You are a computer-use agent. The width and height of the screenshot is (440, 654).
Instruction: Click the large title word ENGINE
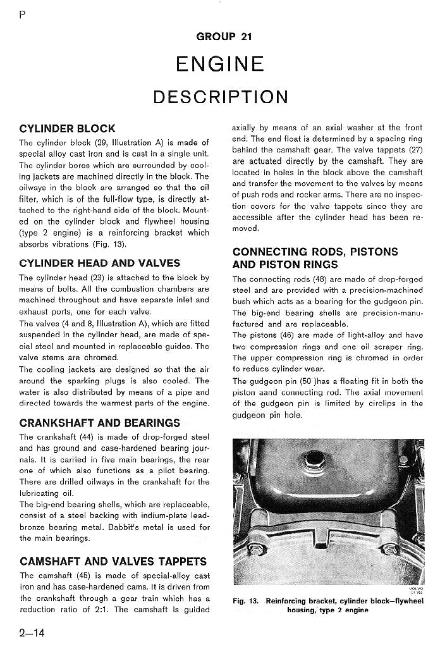(219, 64)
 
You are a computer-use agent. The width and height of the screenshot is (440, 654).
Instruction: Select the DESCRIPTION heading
(220, 97)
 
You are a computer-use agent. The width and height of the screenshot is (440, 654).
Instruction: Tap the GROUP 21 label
(224, 36)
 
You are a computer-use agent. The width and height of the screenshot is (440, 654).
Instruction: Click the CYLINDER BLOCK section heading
(67, 129)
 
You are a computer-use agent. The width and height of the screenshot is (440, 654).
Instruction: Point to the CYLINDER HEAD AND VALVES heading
(100, 263)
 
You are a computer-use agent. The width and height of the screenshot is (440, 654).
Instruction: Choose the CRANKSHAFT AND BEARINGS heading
(100, 423)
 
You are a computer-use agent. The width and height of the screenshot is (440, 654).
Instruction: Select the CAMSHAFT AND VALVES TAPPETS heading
(113, 561)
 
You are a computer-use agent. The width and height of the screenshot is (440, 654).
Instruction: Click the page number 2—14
(31, 633)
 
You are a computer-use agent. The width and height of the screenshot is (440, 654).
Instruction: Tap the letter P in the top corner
(23, 16)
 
